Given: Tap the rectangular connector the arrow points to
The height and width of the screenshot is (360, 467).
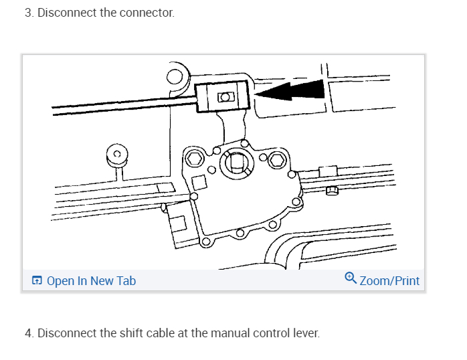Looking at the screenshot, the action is pyautogui.click(x=223, y=96).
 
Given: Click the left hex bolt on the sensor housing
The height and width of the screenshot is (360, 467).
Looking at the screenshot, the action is pyautogui.click(x=194, y=158).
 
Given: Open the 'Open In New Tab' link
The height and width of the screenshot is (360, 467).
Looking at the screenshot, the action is pyautogui.click(x=91, y=281).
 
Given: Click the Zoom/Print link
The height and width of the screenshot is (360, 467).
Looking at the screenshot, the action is pyautogui.click(x=389, y=281).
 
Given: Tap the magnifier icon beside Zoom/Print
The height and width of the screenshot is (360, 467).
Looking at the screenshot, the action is pyautogui.click(x=351, y=278).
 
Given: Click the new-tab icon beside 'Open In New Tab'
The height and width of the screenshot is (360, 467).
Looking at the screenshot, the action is pyautogui.click(x=37, y=281).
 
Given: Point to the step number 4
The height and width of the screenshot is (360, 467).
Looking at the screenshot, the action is pyautogui.click(x=29, y=333).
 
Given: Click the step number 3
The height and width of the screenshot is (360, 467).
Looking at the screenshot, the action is pyautogui.click(x=29, y=13).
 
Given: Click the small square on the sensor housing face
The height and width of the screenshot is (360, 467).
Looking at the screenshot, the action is pyautogui.click(x=199, y=181).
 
